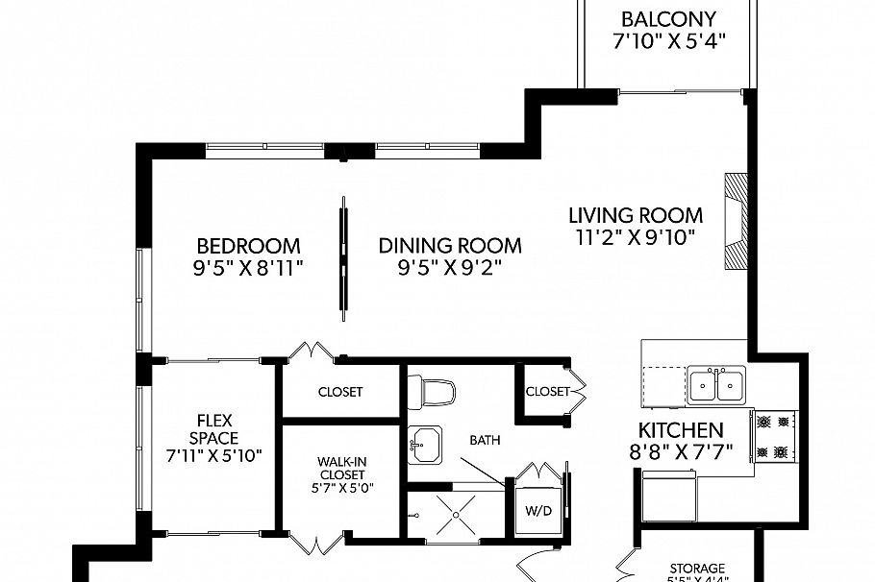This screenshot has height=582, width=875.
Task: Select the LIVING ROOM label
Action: (x=635, y=215)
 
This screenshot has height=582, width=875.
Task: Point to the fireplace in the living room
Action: (x=735, y=223)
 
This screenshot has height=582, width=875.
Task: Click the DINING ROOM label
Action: (x=449, y=245)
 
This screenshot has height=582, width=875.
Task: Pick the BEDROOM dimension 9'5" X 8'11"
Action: (x=248, y=268)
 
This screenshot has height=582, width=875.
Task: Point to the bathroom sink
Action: (x=424, y=444)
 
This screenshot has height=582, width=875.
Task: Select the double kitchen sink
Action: (x=716, y=386)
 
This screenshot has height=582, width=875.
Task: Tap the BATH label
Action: (x=485, y=440)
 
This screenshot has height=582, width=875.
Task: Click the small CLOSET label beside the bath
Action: (x=547, y=391)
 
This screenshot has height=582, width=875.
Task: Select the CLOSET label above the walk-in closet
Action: (x=339, y=391)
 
